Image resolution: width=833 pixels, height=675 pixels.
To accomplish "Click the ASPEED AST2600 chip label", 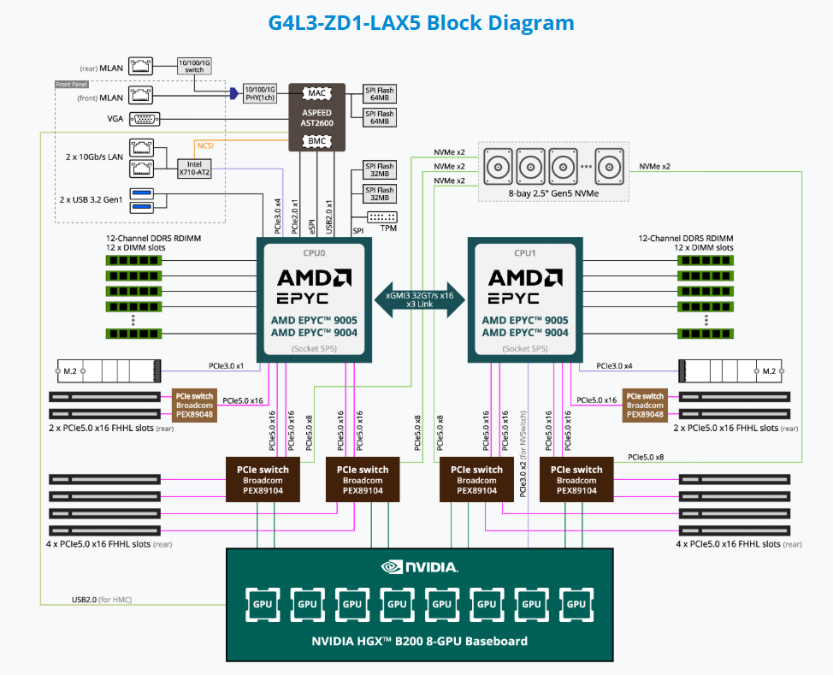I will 316,117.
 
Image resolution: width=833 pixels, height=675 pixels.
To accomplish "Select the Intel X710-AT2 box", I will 194,167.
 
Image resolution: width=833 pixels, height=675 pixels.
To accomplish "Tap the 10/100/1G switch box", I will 194,63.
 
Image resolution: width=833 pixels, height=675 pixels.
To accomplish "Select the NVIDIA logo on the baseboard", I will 419,566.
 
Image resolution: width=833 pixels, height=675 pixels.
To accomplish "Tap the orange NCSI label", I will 206,144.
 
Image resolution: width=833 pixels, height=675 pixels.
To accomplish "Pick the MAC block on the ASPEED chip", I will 316,92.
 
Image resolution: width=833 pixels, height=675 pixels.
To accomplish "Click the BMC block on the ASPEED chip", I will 316,139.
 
